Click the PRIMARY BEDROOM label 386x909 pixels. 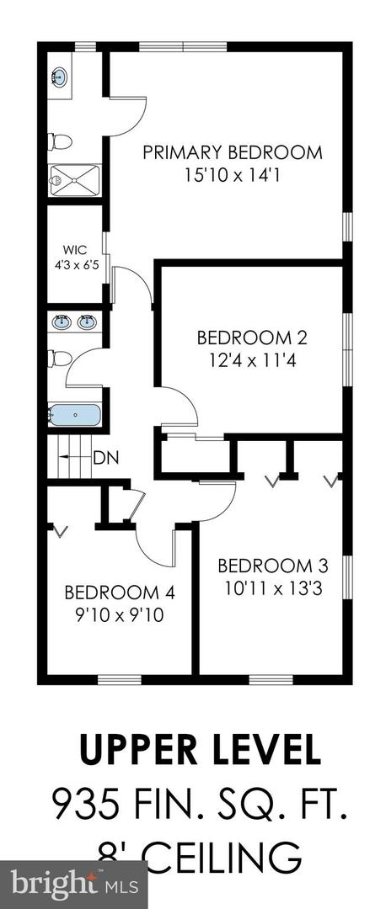click(x=232, y=152)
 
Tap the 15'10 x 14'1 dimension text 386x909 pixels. click(x=232, y=174)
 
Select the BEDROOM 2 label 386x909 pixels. click(x=251, y=338)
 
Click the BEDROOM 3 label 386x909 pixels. click(x=273, y=566)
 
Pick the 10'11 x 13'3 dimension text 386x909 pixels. click(x=273, y=588)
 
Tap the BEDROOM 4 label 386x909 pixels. click(x=120, y=593)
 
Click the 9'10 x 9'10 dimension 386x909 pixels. click(x=120, y=615)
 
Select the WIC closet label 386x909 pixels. click(x=75, y=251)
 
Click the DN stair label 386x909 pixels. click(x=106, y=457)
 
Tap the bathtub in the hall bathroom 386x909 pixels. click(x=75, y=415)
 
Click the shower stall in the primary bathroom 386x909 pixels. click(x=75, y=180)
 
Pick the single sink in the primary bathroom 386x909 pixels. click(x=59, y=75)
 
